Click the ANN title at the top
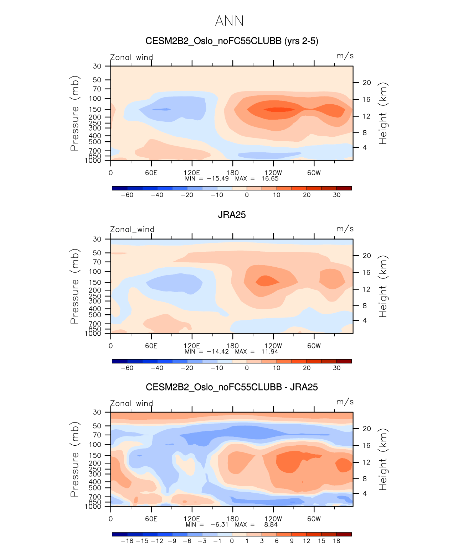tap(229, 21)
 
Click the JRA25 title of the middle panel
tap(232, 215)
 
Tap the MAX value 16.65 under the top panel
tap(270, 179)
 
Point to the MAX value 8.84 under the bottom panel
tap(271, 525)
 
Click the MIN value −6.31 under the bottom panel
tap(219, 525)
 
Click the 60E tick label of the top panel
tap(151, 173)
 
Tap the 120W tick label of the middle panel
tap(273, 346)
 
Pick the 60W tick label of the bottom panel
tap(314, 519)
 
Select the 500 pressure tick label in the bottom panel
tap(95, 488)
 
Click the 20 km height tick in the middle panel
tap(367, 256)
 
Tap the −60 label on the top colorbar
tap(127, 195)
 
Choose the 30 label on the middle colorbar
tap(336, 368)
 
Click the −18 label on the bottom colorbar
tap(127, 541)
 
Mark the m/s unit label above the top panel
tap(345, 56)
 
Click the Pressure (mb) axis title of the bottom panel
tap(74, 460)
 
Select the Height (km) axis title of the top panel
tap(383, 113)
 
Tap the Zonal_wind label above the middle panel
tap(132, 230)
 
